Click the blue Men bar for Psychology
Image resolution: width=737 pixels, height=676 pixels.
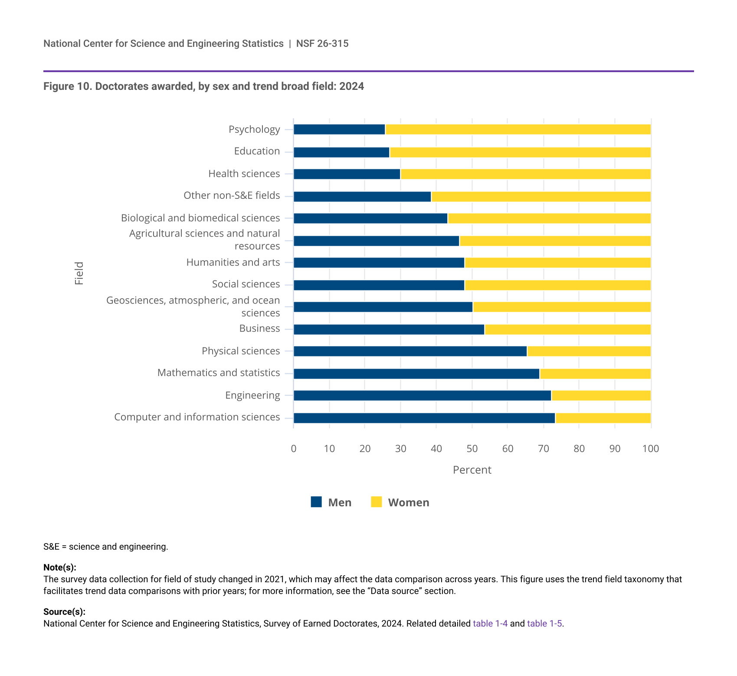tap(339, 129)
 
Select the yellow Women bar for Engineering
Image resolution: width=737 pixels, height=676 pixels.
tap(601, 396)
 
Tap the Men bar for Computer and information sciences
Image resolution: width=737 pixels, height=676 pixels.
tap(424, 418)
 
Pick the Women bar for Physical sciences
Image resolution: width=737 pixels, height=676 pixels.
tap(589, 351)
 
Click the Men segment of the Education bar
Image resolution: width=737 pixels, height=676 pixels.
tap(341, 152)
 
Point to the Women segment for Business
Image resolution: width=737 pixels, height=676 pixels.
tap(567, 330)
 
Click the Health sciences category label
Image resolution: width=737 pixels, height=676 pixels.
tap(244, 174)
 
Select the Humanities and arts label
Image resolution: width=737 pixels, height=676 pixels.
tap(233, 262)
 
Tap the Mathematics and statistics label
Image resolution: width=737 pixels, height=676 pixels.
tap(219, 373)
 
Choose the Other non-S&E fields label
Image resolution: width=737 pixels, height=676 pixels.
tap(232, 195)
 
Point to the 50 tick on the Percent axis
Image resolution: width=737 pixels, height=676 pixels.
tap(472, 448)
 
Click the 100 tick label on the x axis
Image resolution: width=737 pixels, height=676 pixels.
tap(650, 448)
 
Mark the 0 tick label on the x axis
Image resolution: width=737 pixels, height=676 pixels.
tap(294, 448)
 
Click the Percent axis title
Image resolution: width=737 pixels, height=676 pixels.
tap(472, 470)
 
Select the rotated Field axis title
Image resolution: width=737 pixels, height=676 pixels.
tap(79, 273)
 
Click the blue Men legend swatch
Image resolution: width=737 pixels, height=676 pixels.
tap(316, 502)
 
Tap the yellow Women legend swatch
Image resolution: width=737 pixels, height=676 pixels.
tap(377, 502)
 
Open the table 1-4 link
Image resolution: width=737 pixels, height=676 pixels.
tap(490, 623)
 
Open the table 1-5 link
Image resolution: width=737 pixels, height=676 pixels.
tap(544, 623)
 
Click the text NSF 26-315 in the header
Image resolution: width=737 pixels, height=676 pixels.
tap(322, 43)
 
